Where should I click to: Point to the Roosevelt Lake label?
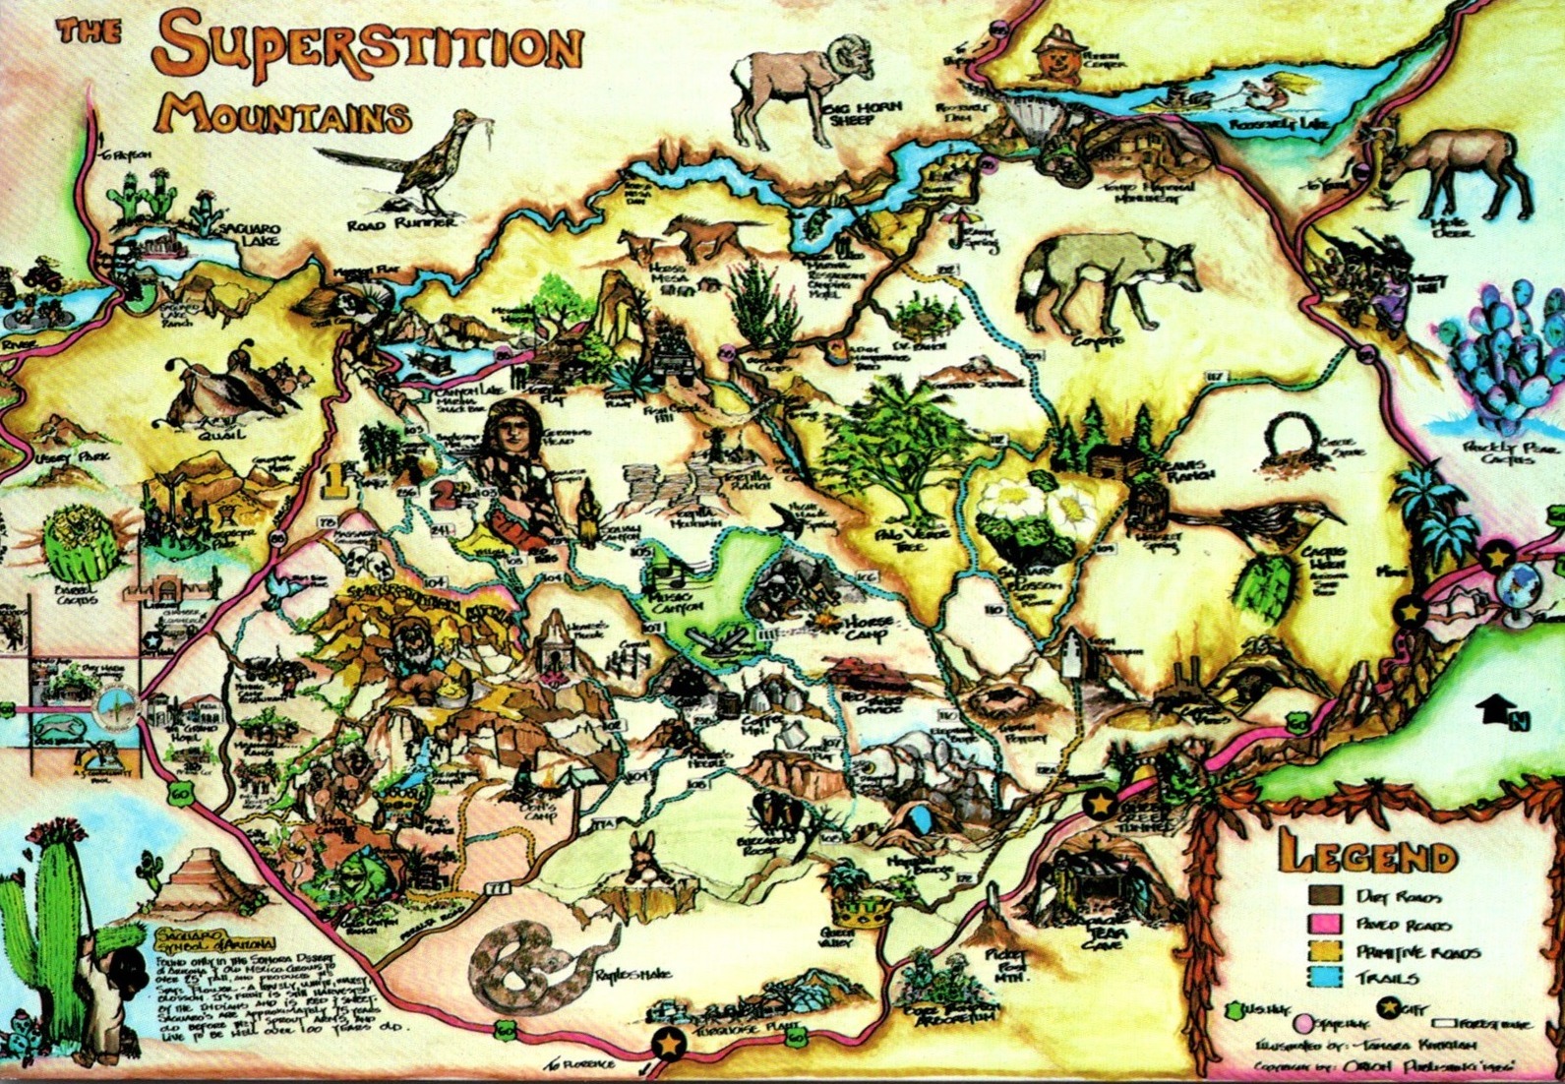1280,127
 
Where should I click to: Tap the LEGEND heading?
1366,856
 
